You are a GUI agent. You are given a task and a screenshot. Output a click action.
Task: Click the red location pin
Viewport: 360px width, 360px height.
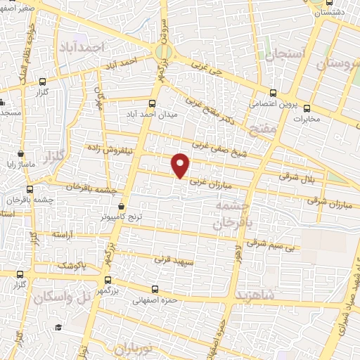point(181,165)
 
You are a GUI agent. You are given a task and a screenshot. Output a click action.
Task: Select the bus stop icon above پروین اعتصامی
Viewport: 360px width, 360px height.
point(274,93)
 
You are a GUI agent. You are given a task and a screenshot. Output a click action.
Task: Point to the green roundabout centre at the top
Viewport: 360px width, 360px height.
point(164,51)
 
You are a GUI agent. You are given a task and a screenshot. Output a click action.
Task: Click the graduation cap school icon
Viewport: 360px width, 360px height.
point(59,328)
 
